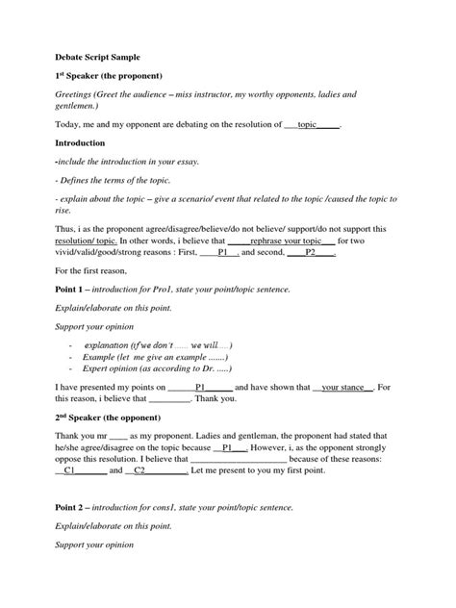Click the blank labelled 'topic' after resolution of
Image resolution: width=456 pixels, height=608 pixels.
308,125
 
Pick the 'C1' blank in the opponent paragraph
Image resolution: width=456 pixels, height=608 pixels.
71,472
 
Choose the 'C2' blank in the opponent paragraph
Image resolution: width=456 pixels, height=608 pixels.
140,472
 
